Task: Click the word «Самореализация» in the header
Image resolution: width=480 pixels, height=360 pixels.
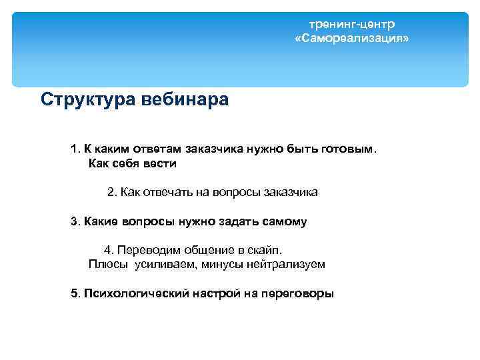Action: click(x=351, y=39)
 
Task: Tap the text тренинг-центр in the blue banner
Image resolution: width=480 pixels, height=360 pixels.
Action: click(x=351, y=24)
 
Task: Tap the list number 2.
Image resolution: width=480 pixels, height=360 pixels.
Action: click(x=111, y=192)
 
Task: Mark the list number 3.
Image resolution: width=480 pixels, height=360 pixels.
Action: click(x=74, y=221)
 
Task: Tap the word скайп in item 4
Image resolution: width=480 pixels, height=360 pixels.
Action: click(x=265, y=250)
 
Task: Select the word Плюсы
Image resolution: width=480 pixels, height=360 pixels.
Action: click(x=107, y=264)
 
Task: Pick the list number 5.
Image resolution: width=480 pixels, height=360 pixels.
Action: click(x=74, y=293)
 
